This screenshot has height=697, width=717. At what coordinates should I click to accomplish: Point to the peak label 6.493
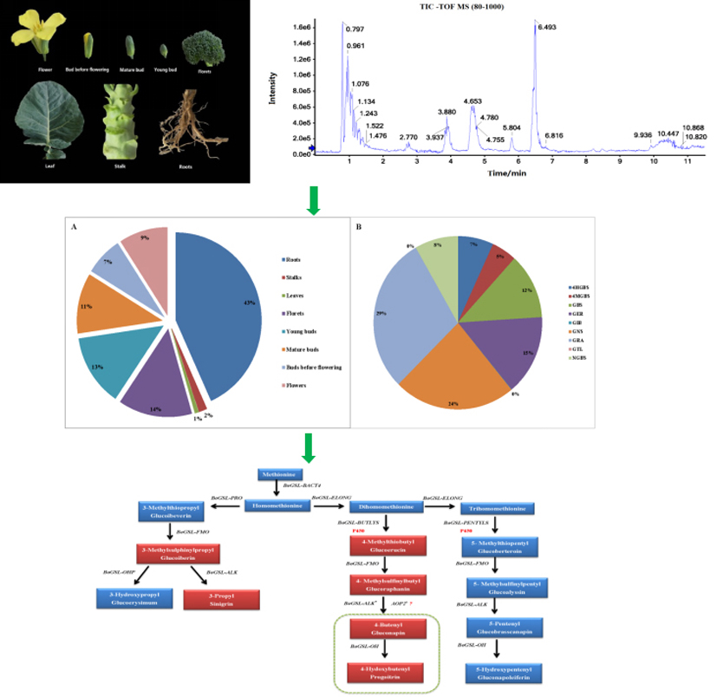click(546, 28)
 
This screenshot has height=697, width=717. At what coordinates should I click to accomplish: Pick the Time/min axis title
click(508, 173)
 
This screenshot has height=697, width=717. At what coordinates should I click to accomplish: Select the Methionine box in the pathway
click(280, 474)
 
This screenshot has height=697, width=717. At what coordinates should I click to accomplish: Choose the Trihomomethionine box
click(492, 507)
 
